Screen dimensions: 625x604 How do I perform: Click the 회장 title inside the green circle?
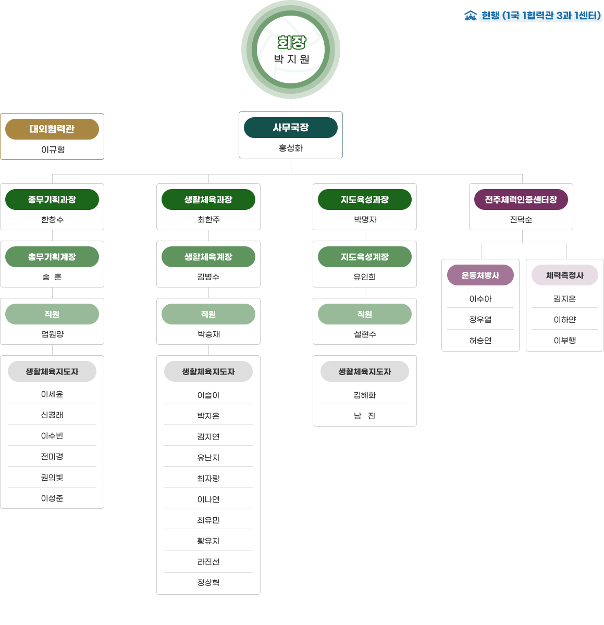point(291,42)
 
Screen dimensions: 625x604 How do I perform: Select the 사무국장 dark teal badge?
point(291,128)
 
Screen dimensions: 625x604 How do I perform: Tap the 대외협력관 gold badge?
point(52,129)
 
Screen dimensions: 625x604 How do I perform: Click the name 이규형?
point(53,150)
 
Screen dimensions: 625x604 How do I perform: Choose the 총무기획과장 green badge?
point(52,199)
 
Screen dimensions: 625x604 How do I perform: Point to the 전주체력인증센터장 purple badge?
point(521,199)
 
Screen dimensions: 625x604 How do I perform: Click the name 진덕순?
point(521,220)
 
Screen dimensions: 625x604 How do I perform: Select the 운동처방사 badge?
point(480,275)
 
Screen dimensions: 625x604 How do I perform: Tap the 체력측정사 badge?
point(565,275)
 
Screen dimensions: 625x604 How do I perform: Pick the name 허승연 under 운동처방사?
point(480,341)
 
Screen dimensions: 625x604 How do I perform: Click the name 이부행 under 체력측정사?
point(565,341)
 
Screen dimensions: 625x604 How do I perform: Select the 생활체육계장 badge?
point(208,257)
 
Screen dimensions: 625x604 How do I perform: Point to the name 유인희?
point(365,277)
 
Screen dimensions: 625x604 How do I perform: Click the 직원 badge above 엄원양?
point(52,314)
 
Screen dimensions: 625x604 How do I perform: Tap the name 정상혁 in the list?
point(208,583)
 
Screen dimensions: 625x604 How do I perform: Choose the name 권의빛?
point(52,478)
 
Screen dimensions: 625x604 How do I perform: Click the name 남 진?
point(365,416)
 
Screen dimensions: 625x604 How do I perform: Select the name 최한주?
point(208,220)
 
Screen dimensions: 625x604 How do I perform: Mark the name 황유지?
point(208,541)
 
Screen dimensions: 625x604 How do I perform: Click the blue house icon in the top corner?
point(471,16)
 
